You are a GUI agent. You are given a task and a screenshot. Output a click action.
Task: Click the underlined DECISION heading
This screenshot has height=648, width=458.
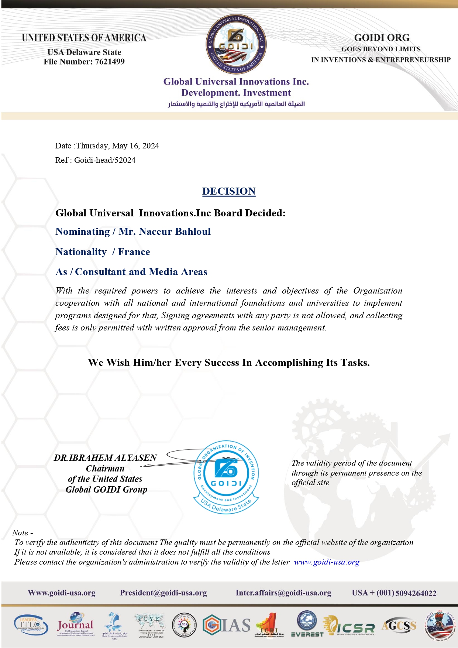tap(229, 191)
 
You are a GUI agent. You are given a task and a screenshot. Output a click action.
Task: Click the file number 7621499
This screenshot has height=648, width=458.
tap(110, 62)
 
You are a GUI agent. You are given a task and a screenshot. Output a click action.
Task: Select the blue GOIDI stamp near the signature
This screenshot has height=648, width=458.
tap(226, 476)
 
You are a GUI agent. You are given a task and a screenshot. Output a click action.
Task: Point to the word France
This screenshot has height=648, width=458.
tap(134, 252)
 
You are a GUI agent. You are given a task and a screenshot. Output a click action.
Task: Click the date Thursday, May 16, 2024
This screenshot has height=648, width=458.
tap(117, 146)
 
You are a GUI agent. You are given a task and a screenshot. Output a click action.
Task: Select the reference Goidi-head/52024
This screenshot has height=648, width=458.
tap(105, 160)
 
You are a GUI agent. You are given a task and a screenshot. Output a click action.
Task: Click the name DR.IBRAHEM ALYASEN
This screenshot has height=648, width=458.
tap(106, 458)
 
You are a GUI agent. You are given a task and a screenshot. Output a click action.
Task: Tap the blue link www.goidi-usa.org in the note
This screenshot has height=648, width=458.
tap(326, 562)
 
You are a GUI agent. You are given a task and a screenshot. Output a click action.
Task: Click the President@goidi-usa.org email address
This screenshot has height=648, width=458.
tap(163, 593)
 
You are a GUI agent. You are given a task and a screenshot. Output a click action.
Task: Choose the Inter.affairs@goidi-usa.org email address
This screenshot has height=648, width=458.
tap(283, 593)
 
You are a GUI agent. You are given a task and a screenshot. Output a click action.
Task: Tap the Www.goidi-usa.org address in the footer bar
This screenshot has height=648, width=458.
tap(62, 593)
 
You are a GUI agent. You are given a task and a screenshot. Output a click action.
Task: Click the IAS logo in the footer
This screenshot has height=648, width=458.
tap(227, 625)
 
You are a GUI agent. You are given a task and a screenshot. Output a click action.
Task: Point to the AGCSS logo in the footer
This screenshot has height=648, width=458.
tap(399, 625)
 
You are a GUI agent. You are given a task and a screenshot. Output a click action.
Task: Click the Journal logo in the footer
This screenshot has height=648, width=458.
tap(75, 624)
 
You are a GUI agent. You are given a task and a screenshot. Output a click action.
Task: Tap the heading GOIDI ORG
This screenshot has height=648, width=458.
tap(382, 38)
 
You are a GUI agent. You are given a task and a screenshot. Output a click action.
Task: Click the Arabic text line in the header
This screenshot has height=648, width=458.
tap(236, 104)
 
